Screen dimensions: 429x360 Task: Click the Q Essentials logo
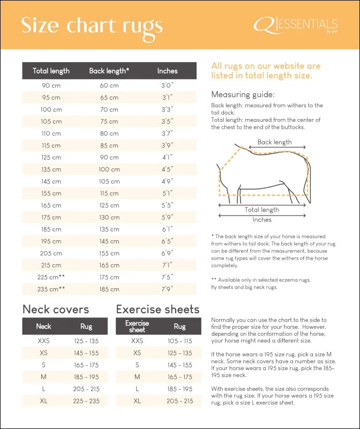[x=296, y=25]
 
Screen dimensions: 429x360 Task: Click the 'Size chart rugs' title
[x=92, y=25]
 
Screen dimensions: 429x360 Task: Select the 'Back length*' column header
[x=109, y=71]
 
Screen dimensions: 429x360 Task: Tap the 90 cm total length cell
[x=51, y=85]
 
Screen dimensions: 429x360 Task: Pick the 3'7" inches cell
[x=168, y=134]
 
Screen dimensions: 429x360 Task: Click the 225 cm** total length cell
[x=51, y=277]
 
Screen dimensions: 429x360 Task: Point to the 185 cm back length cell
[x=109, y=289]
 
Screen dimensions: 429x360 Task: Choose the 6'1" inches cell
[x=168, y=229]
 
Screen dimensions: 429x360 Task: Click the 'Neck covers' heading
[x=56, y=309]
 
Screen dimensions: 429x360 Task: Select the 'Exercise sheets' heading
[x=157, y=309]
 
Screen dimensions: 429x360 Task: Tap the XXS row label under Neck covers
[x=43, y=341]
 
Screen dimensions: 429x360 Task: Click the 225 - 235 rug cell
[x=86, y=401]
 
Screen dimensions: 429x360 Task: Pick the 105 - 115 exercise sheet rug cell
[x=180, y=341]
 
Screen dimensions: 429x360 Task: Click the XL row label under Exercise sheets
[x=137, y=401]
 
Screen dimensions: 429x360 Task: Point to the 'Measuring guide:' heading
[x=243, y=94]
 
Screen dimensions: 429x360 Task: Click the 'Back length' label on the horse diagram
[x=274, y=142]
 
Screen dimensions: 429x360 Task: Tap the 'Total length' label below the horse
[x=262, y=210]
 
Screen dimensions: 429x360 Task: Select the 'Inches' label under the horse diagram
[x=262, y=219]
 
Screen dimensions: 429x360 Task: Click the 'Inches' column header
[x=168, y=71]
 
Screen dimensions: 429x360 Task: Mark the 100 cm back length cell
[x=109, y=169]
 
